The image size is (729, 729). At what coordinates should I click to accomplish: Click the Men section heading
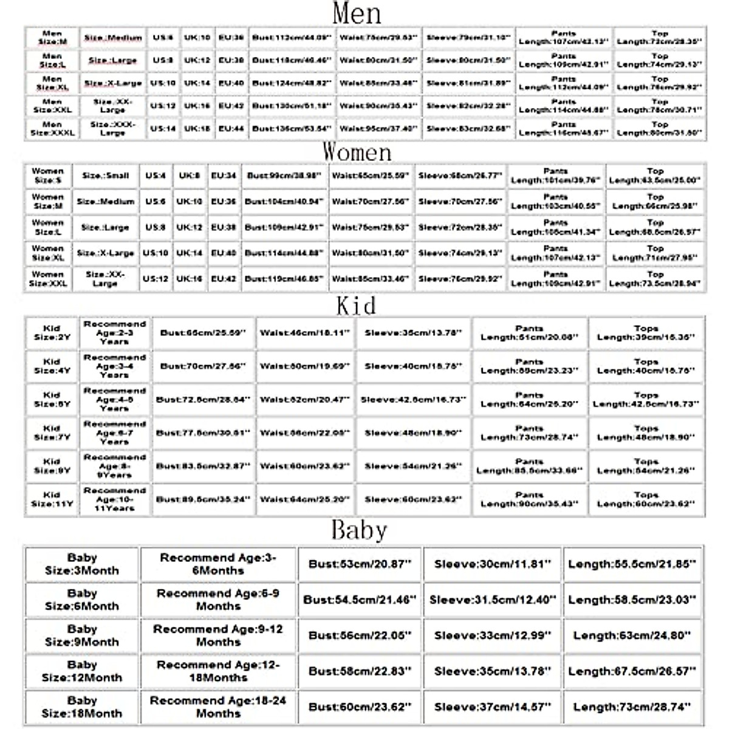(357, 13)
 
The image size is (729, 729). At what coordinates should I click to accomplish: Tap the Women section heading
(357, 151)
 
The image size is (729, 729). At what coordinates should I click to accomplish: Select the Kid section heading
(356, 305)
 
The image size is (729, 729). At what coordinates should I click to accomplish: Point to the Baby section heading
(358, 530)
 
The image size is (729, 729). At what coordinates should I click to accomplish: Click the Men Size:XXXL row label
(52, 129)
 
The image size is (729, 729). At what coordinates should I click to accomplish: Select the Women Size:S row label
(47, 176)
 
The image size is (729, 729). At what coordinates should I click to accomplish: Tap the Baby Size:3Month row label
(82, 564)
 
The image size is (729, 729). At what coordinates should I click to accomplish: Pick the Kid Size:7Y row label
(52, 433)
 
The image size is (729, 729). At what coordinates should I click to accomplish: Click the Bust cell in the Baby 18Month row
(360, 707)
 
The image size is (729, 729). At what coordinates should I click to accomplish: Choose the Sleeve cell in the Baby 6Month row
(492, 600)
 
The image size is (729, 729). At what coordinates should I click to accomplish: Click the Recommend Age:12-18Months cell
(218, 671)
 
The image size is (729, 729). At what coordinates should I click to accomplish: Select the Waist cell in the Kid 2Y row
(305, 333)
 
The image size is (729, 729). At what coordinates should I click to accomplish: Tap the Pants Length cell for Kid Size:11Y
(529, 499)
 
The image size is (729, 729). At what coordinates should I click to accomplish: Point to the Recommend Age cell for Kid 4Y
(115, 366)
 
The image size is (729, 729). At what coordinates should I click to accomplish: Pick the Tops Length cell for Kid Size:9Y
(646, 466)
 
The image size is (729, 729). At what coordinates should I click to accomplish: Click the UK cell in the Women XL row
(190, 253)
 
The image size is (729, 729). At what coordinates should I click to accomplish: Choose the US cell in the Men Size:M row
(163, 38)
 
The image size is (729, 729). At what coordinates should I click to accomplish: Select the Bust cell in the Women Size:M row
(284, 201)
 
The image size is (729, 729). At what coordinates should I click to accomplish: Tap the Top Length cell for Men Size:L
(660, 60)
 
